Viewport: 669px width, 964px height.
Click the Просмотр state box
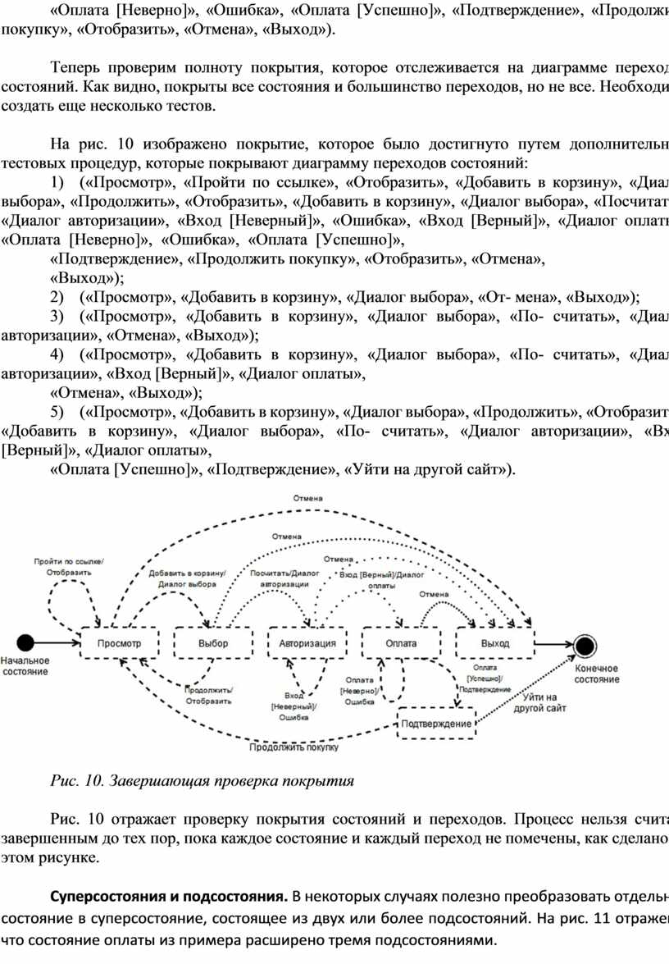coord(119,643)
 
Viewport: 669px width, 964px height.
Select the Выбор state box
coord(213,643)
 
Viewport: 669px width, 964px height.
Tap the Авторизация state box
coord(307,643)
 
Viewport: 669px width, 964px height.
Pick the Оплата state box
coord(402,643)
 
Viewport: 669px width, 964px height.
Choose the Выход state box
coord(495,643)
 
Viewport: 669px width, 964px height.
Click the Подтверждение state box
coord(436,723)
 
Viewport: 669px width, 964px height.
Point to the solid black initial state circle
coord(26,643)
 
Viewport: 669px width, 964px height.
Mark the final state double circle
coord(586,645)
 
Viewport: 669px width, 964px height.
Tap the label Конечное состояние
coord(596,674)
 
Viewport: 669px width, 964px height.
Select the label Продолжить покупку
coord(294,747)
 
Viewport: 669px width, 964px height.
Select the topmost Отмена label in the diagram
coord(308,498)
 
